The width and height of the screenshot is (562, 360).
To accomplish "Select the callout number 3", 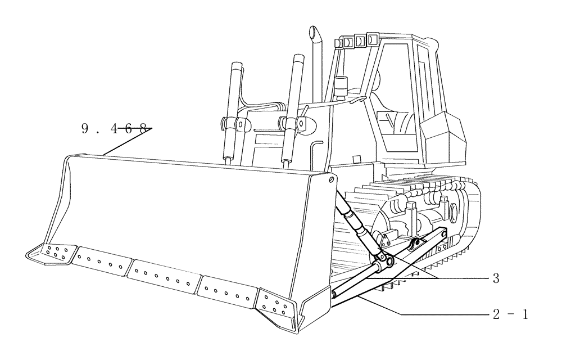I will pyautogui.click(x=496, y=278).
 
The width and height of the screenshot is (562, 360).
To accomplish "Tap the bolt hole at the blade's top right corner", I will pyautogui.click(x=332, y=179).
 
